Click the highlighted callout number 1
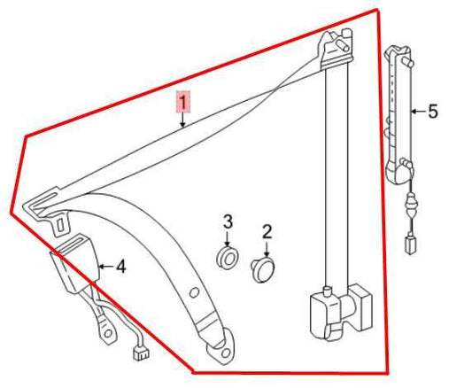click(183, 102)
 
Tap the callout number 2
click(267, 231)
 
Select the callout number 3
click(228, 221)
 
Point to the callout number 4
click(121, 267)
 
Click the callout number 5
click(433, 112)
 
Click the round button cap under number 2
click(264, 269)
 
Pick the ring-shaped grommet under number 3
click(228, 259)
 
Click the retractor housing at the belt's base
click(340, 313)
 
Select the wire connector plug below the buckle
click(141, 353)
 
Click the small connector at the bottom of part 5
click(411, 244)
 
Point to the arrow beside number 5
click(418, 112)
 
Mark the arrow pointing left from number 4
click(105, 267)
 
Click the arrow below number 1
click(182, 120)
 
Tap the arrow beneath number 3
click(228, 239)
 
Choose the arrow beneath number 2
click(267, 249)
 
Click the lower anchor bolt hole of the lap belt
click(223, 352)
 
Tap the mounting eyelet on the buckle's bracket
click(107, 333)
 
